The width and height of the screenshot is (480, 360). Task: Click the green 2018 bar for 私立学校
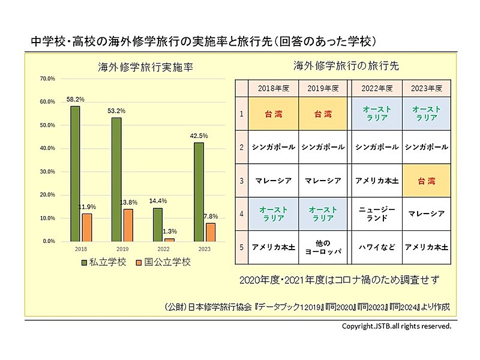75,174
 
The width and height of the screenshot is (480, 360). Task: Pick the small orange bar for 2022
170,239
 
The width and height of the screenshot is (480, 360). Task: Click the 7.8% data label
212,216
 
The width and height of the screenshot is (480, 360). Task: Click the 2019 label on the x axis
122,247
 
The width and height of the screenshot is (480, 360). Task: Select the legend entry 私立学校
102,262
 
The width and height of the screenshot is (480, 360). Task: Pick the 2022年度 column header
377,88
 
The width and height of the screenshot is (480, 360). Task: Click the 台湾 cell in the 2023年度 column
427,181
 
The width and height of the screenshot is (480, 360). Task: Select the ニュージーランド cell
377,214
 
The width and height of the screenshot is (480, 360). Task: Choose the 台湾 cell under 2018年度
273,113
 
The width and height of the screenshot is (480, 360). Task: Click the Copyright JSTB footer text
396,326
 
